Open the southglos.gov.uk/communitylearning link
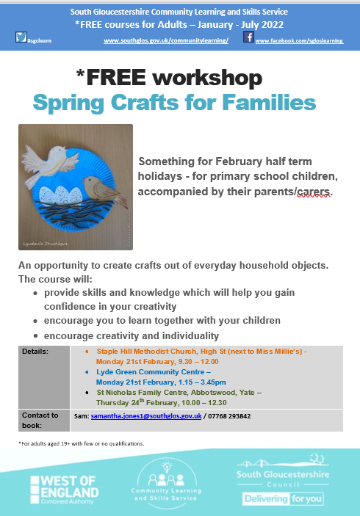coord(167,40)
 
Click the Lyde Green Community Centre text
coord(145,372)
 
